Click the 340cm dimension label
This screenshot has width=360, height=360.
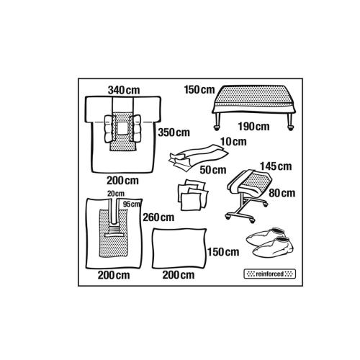click(x=124, y=90)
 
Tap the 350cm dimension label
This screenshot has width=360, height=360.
click(x=174, y=132)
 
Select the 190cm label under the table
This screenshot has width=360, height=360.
click(x=253, y=127)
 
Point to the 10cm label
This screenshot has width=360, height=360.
click(x=233, y=142)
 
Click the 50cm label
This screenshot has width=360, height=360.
click(x=213, y=170)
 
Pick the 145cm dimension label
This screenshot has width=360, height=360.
click(x=276, y=166)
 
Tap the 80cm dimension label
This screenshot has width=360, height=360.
click(x=282, y=193)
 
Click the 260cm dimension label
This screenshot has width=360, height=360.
click(x=158, y=217)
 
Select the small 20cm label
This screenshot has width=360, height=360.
click(x=116, y=194)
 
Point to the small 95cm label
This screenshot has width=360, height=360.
click(x=131, y=204)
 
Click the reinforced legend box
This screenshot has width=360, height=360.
click(x=270, y=274)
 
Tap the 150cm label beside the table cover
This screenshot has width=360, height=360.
click(x=199, y=90)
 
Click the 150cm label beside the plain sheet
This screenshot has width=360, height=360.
click(x=223, y=252)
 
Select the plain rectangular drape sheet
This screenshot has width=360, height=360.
click(x=179, y=248)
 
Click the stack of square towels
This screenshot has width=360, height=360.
click(x=193, y=194)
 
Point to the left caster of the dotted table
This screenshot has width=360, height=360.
click(x=217, y=128)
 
